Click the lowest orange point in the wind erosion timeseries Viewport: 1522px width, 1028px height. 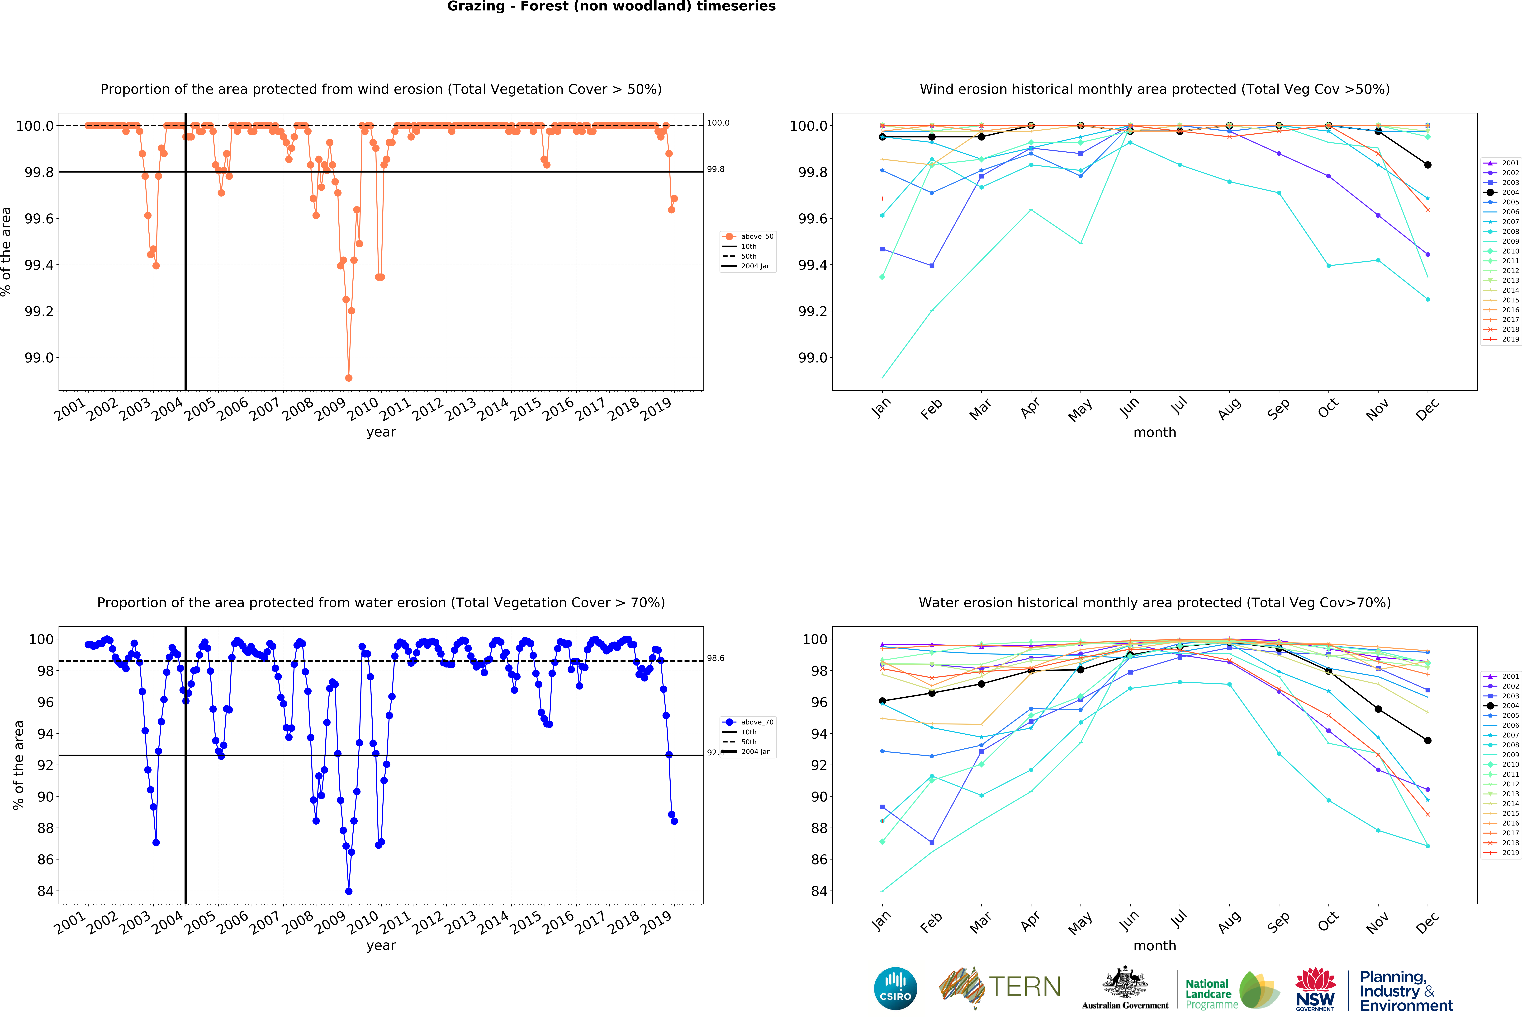(348, 378)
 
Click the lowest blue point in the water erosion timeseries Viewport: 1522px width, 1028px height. (348, 891)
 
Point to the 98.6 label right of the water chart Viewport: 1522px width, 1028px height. (715, 658)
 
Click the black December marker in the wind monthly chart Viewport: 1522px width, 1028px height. (1428, 165)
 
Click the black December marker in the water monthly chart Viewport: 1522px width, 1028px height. (1428, 741)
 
